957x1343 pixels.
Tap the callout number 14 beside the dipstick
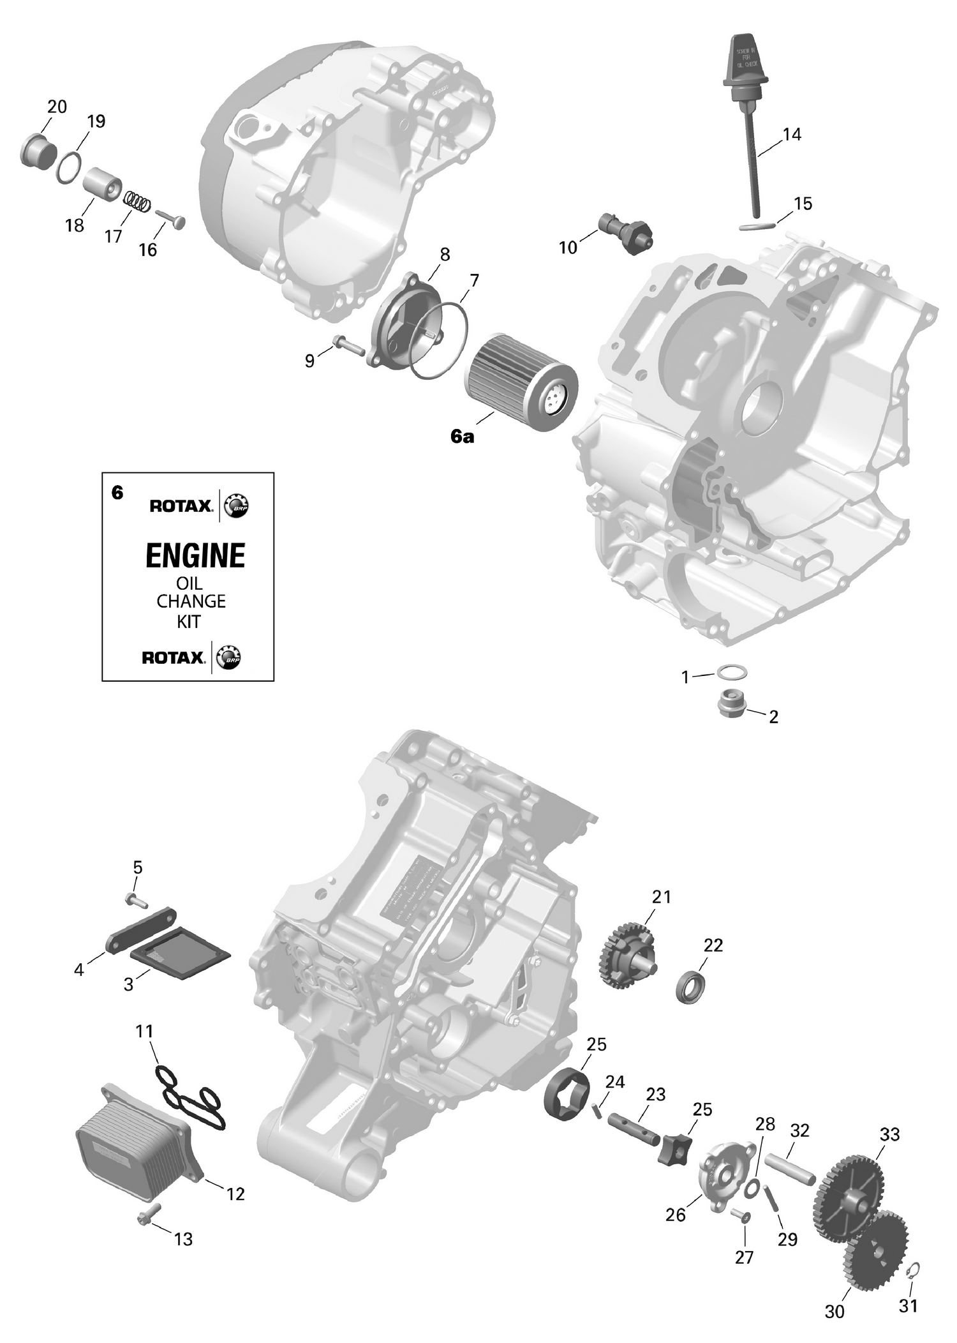[791, 135]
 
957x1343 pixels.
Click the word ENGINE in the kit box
[195, 556]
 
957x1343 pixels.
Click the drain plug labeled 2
[731, 703]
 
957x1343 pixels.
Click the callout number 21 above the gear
[662, 897]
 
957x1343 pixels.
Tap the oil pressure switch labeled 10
[626, 232]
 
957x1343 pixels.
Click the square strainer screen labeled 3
[181, 958]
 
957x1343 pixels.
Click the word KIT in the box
[189, 621]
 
